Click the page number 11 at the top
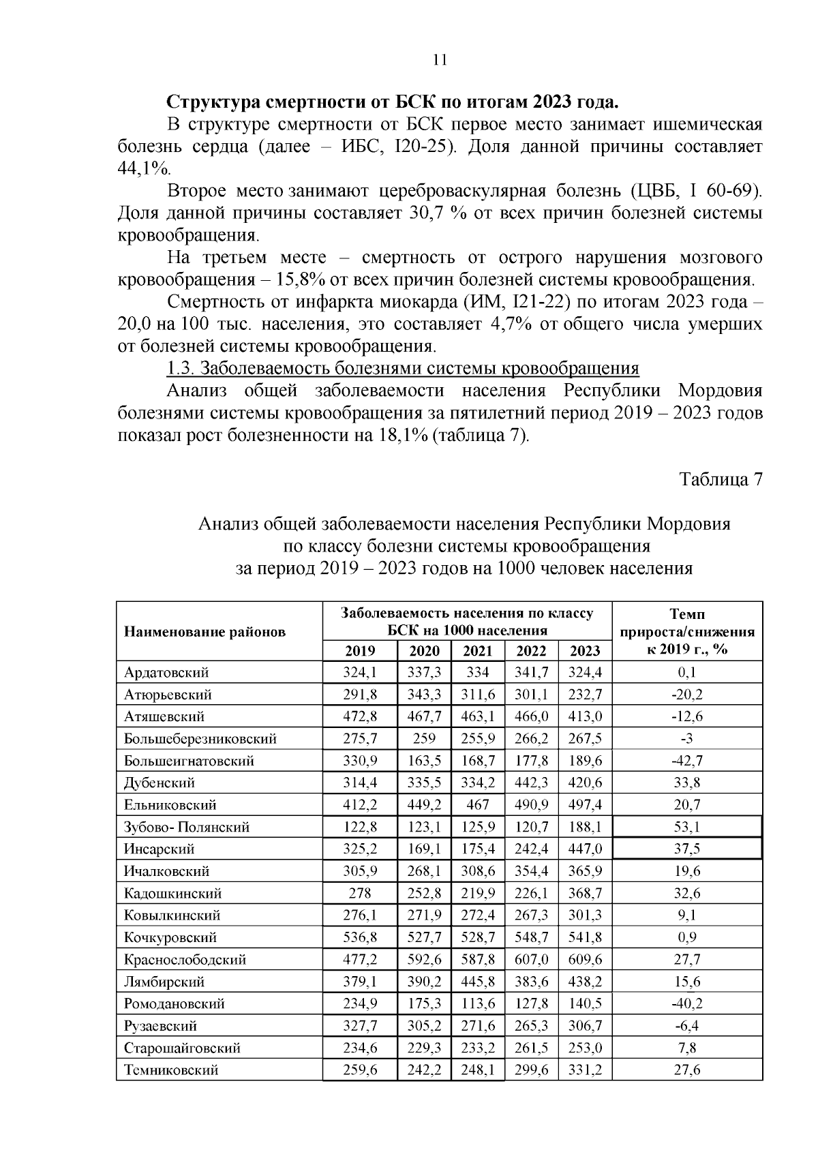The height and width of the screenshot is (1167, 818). (x=440, y=60)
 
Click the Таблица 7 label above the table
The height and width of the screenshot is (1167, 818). (x=721, y=479)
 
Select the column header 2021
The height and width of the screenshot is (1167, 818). (x=477, y=650)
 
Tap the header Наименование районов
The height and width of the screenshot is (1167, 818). (x=204, y=631)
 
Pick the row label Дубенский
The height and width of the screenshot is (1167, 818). (x=160, y=783)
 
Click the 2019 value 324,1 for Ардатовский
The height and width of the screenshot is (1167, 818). (x=360, y=672)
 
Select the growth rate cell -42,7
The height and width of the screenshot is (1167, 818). (x=687, y=761)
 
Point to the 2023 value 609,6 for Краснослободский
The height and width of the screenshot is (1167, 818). (x=585, y=959)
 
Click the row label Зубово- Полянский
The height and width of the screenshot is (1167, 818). (x=187, y=827)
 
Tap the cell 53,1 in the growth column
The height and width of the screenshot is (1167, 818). (x=687, y=827)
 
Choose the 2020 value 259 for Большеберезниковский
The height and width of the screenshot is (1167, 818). (x=424, y=738)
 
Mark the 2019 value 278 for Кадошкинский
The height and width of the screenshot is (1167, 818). (x=360, y=893)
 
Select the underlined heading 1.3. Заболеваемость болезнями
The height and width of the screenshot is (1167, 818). (x=403, y=369)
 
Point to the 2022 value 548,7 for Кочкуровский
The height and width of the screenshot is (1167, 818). (x=532, y=937)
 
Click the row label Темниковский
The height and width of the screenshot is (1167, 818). (x=171, y=1070)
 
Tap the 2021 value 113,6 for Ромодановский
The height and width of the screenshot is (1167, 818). (x=477, y=1003)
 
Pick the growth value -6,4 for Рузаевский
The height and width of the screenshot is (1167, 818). (x=687, y=1025)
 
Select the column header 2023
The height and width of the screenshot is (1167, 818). (x=585, y=650)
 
